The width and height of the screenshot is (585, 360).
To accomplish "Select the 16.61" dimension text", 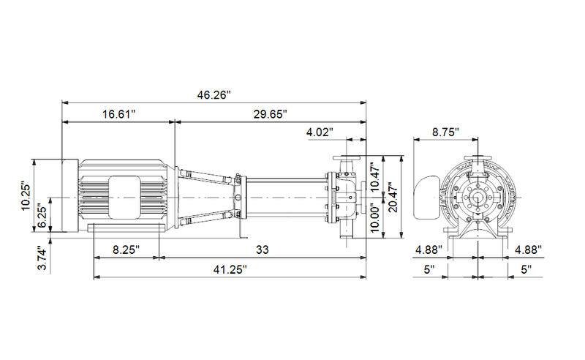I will [118, 114].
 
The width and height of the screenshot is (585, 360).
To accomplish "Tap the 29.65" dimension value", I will [270, 114].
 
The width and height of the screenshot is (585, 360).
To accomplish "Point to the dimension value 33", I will [263, 250].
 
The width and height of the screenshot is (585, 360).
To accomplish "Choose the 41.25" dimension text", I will [230, 269].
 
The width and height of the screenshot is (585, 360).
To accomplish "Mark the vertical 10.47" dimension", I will [375, 176].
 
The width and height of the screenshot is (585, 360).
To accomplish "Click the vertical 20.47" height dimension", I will [394, 196].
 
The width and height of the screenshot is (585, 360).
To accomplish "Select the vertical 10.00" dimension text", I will [375, 217].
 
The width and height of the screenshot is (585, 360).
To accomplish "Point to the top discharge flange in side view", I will [347, 159].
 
